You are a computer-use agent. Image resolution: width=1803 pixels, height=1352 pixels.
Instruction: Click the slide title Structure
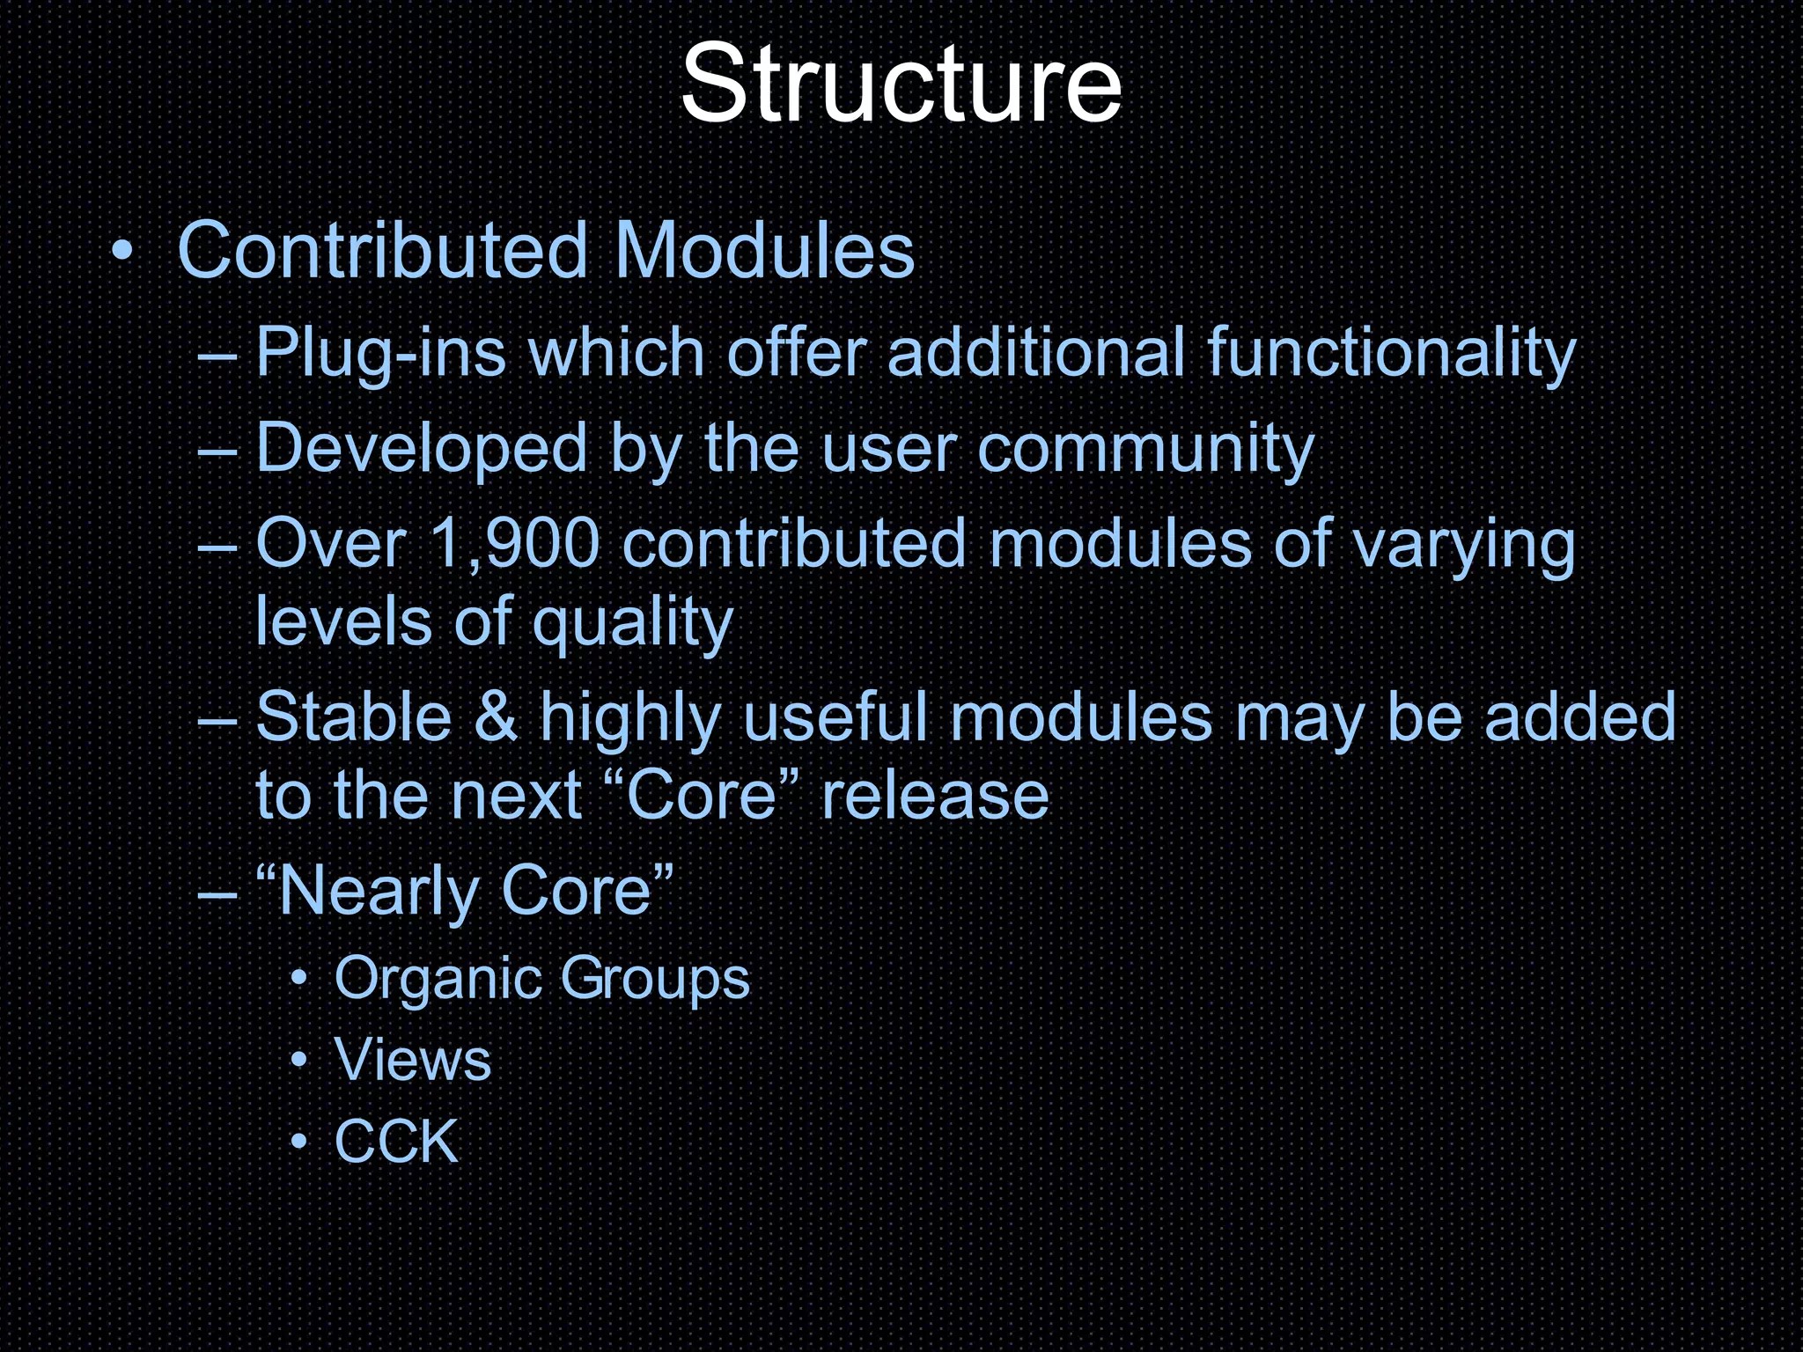[x=901, y=85]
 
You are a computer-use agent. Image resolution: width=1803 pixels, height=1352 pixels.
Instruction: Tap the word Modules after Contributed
[x=765, y=251]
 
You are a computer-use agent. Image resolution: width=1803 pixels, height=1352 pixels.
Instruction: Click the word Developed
[x=422, y=449]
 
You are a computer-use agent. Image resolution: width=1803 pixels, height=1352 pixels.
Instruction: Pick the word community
[x=1145, y=449]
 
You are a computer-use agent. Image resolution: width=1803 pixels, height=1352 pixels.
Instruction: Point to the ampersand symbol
[x=496, y=717]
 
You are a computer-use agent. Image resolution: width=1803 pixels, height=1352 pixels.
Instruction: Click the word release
[x=935, y=795]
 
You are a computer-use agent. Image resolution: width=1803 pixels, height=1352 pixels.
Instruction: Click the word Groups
[x=655, y=979]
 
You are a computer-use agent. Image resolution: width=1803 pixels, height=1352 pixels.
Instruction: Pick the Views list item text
[x=413, y=1059]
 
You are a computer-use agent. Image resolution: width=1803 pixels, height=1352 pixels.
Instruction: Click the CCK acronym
[x=397, y=1142]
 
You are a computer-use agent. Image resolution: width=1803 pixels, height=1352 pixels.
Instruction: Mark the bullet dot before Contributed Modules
[x=122, y=253]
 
